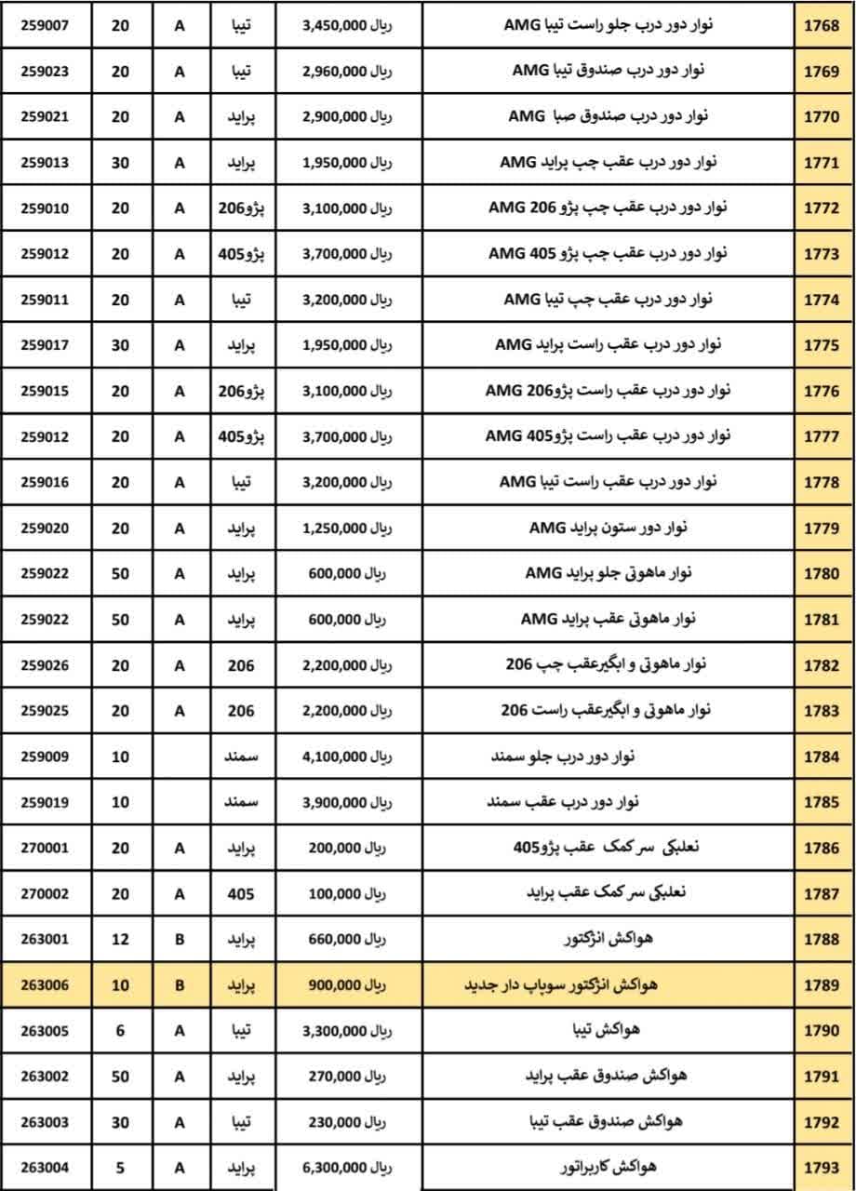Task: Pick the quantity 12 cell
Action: point(120,939)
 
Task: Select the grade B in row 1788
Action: point(180,939)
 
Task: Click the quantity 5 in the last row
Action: point(120,1167)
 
